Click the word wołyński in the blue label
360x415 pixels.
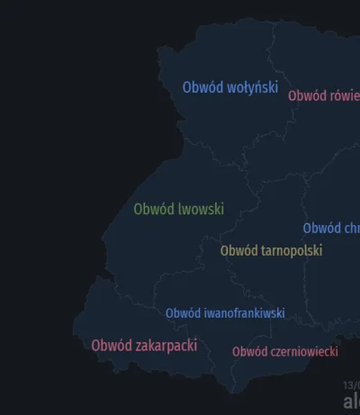point(252,87)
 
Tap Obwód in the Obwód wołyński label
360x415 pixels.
point(202,87)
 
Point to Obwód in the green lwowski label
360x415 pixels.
point(153,209)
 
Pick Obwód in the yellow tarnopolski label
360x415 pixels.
point(239,250)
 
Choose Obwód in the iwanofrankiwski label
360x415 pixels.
point(183,313)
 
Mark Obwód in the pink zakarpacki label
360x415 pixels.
point(111,346)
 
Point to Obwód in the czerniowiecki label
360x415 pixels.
point(249,352)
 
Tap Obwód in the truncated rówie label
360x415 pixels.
point(307,95)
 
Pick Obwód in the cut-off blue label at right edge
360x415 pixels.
point(321,229)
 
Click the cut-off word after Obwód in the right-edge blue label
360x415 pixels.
point(351,229)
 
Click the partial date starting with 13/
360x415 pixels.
point(351,384)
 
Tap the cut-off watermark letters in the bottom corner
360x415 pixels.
point(350,401)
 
